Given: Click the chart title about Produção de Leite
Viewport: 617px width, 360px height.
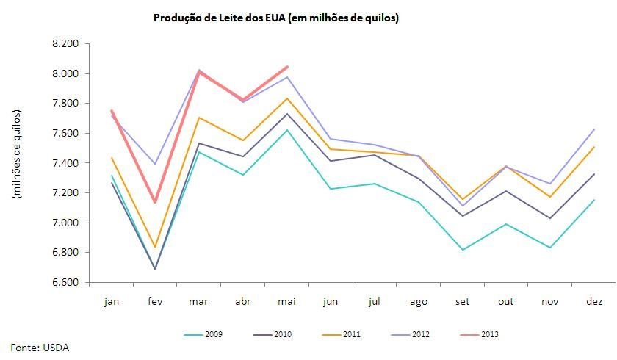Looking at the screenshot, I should click(x=275, y=18).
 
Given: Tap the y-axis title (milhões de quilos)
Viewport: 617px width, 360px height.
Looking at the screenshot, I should click(x=16, y=154).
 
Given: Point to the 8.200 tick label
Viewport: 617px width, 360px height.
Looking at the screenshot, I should click(x=65, y=44).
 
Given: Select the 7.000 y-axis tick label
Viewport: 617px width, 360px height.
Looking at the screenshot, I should click(x=65, y=223).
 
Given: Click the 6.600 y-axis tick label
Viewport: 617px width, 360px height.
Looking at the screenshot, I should click(x=65, y=282).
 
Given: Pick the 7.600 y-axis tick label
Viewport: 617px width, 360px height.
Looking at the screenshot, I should click(x=65, y=133).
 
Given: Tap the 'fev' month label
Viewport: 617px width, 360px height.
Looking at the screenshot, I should click(x=155, y=301).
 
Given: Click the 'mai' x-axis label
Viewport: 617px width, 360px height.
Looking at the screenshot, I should click(x=286, y=301).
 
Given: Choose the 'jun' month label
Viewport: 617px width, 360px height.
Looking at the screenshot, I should click(x=330, y=301).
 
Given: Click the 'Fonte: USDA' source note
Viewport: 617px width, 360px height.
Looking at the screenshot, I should click(x=40, y=348).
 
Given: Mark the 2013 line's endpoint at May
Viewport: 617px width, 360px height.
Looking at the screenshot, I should click(x=286, y=67).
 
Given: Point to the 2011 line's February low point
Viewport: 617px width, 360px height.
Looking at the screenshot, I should click(x=155, y=247).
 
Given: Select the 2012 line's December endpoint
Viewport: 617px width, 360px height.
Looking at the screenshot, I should click(x=593, y=129).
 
